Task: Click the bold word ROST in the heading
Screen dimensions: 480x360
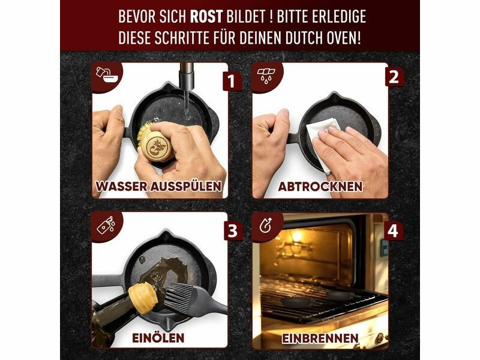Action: [206, 17]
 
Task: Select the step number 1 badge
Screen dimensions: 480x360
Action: [232, 81]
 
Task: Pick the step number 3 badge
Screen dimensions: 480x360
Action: [233, 230]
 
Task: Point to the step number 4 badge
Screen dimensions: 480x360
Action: [393, 230]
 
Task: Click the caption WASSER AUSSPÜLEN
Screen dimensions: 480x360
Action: [158, 186]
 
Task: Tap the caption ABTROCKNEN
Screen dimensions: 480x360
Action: [320, 186]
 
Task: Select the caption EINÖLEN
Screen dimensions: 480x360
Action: [158, 338]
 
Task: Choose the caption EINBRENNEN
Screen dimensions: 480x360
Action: [320, 338]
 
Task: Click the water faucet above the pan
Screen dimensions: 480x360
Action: [187, 77]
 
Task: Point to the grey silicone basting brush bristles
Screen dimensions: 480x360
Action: [178, 297]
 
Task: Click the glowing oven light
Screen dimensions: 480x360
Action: [296, 236]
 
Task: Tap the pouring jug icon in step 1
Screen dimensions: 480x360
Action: [105, 74]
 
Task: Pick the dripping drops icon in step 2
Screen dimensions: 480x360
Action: [266, 74]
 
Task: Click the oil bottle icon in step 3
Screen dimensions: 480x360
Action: [106, 225]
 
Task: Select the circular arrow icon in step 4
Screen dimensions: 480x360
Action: [265, 225]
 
